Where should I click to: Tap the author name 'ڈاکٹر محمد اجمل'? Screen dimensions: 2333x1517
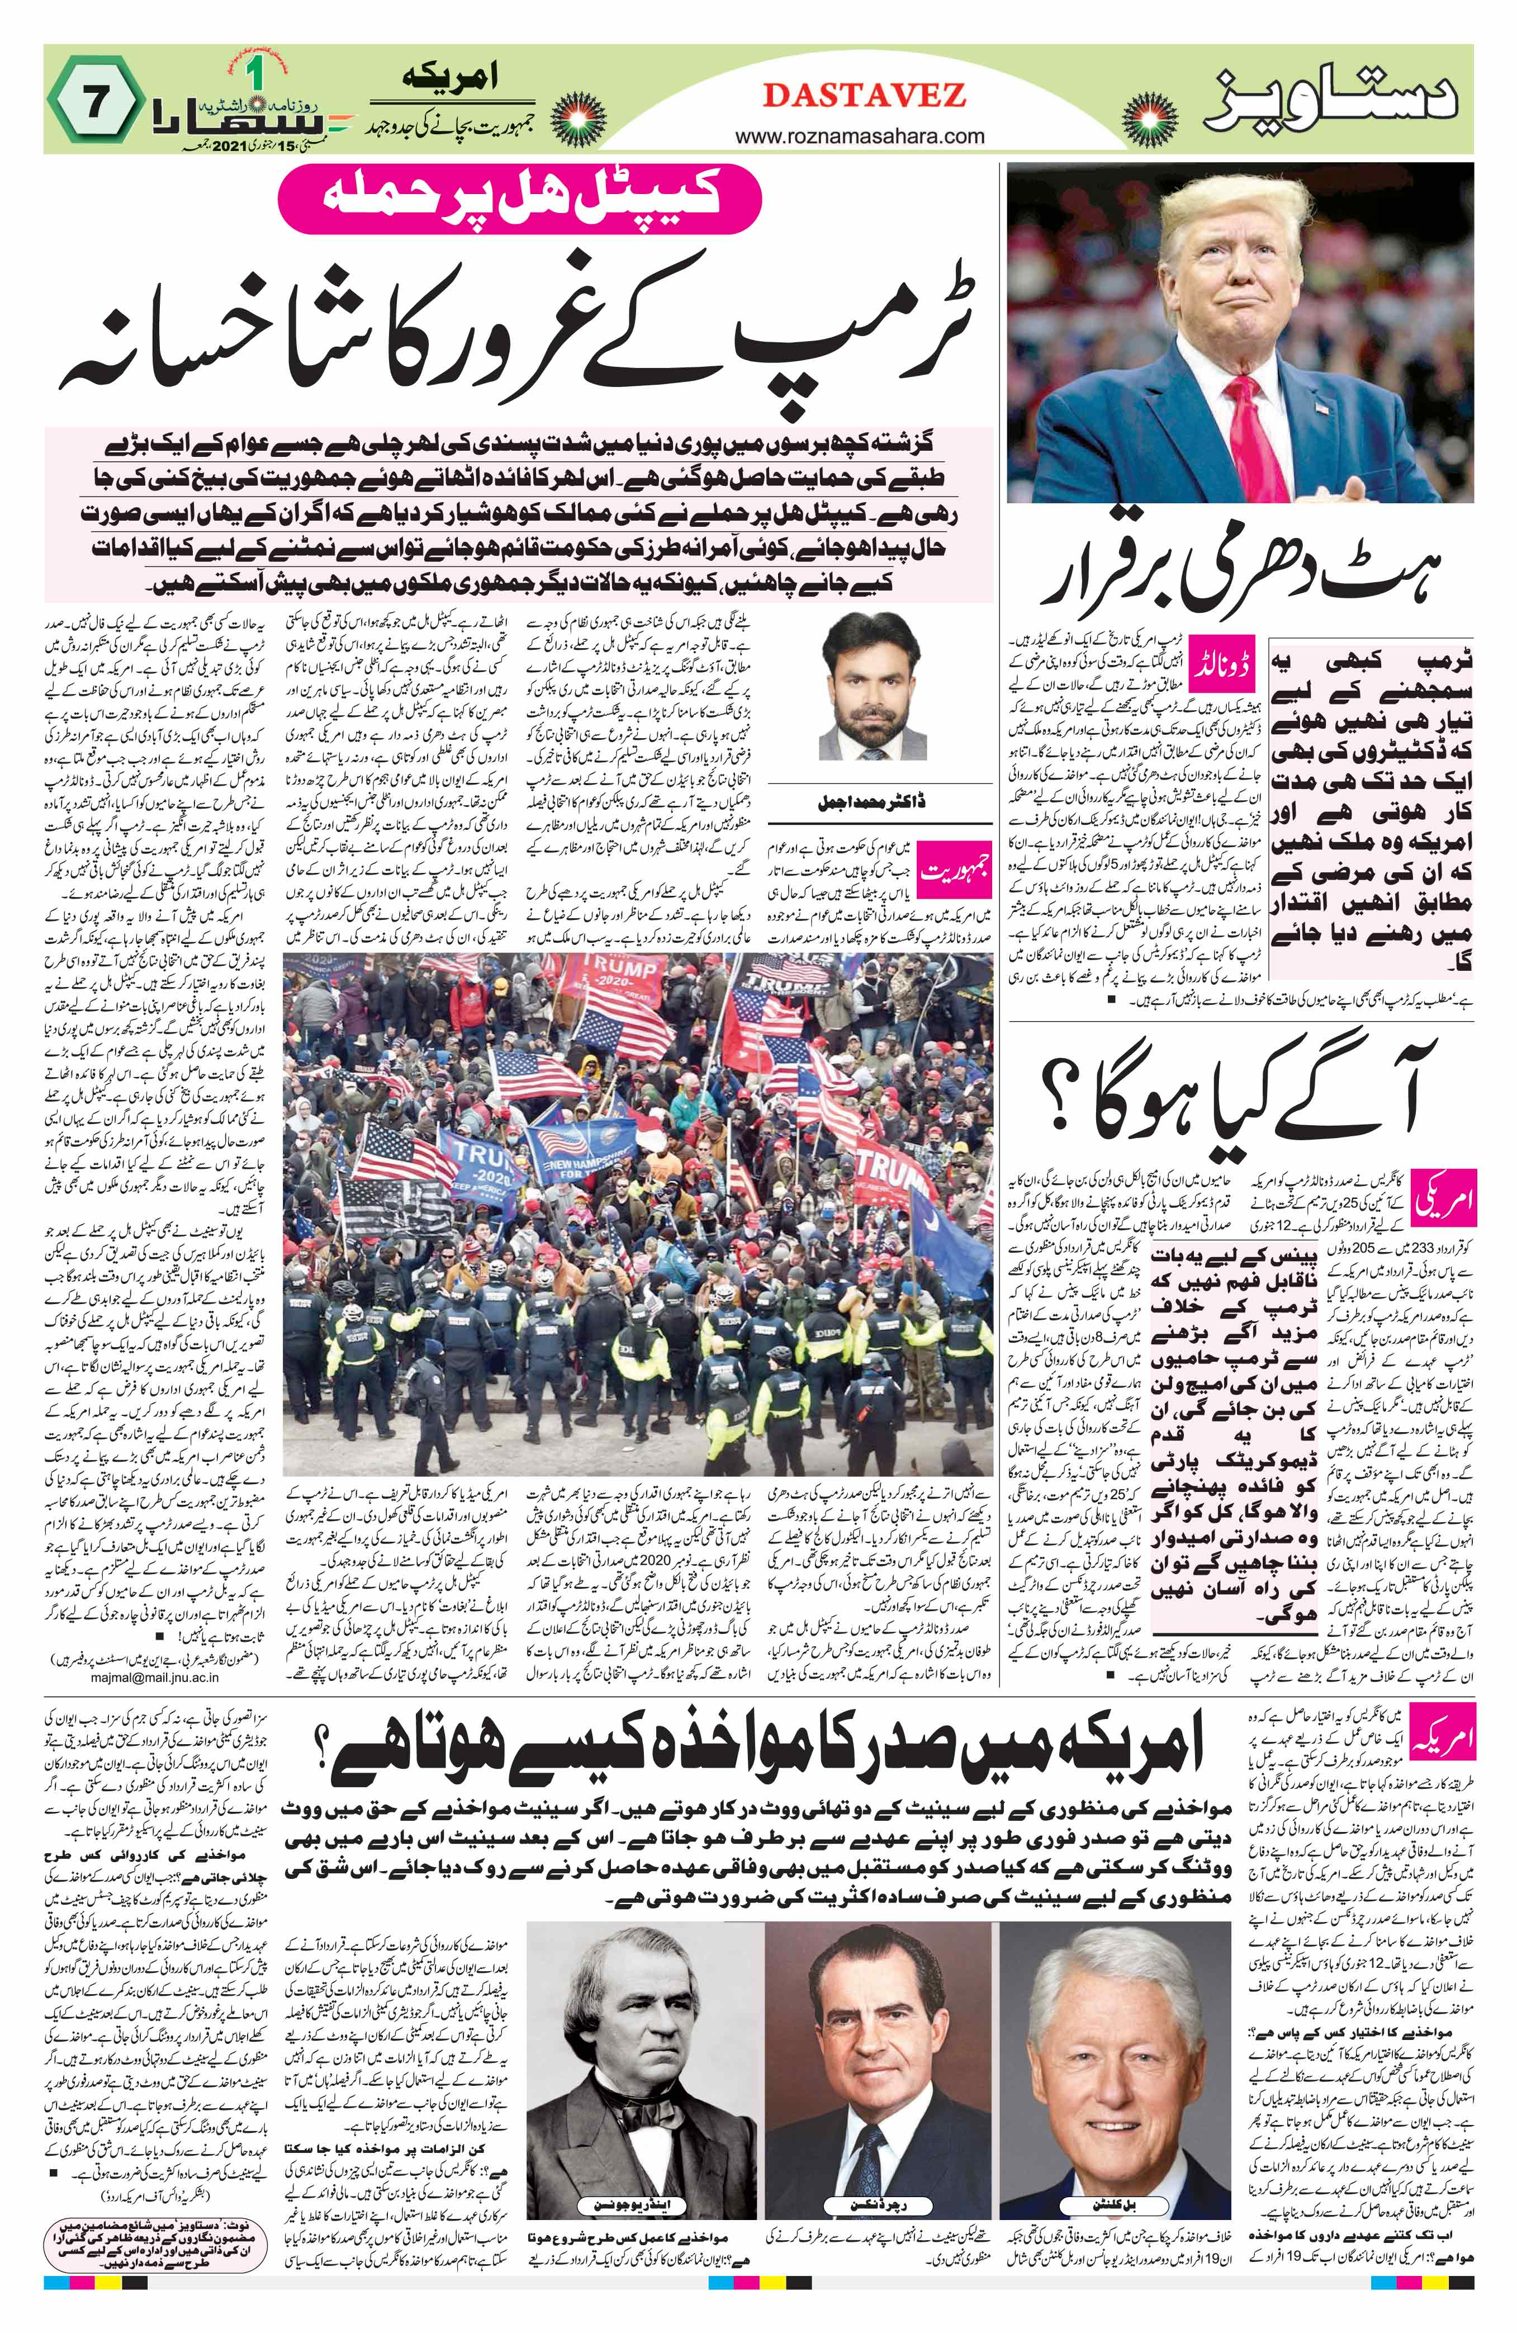click(857, 802)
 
